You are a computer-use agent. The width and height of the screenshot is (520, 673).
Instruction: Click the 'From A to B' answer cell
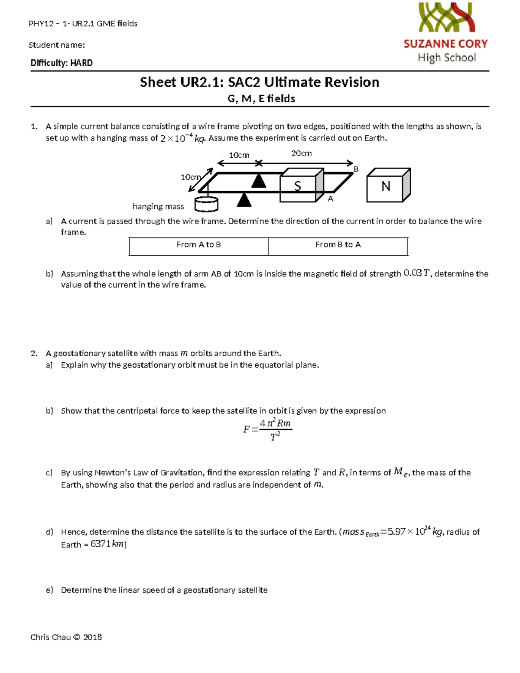pos(198,245)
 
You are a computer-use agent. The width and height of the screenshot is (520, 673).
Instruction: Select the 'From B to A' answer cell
pos(338,245)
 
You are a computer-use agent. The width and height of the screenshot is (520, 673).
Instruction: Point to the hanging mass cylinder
pos(206,204)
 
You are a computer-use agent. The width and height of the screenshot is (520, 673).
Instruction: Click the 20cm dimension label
pos(301,153)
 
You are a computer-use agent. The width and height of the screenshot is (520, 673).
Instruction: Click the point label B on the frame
pos(356,169)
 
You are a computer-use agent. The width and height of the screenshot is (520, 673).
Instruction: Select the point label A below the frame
pos(330,199)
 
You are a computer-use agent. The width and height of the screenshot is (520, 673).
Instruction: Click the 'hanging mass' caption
pos(158,207)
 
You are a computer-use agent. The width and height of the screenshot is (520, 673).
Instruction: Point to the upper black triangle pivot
pos(259,181)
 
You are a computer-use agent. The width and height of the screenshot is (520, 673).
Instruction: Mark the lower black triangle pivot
pos(244,200)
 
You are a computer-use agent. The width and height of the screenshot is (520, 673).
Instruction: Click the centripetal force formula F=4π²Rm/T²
pos(268,429)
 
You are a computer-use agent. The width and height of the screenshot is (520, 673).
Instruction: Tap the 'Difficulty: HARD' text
pos(62,63)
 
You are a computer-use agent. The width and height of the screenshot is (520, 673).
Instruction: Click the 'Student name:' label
pos(57,45)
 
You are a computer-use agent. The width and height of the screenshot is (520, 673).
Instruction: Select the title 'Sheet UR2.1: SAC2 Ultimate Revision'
pos(260,82)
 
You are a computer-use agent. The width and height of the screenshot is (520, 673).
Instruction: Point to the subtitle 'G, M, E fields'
pos(261,99)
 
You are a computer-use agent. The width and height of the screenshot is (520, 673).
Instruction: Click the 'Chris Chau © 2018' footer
pos(66,637)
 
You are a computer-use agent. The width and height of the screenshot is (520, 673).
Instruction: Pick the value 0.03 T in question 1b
pos(417,273)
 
